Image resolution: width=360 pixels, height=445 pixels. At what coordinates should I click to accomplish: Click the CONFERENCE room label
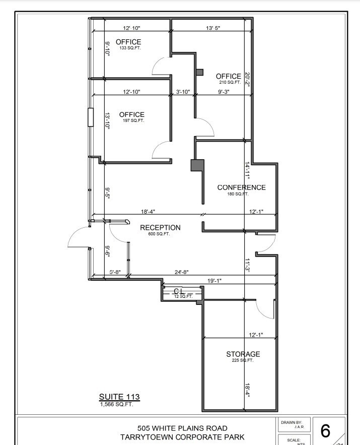[x=241, y=187]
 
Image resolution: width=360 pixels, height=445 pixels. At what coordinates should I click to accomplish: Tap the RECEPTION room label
[x=160, y=228]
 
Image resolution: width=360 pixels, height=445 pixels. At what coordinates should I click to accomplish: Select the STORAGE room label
[x=243, y=354]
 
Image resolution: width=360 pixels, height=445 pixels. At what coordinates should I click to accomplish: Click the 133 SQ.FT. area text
[x=130, y=48]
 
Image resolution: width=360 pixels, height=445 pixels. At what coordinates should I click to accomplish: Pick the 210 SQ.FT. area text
[x=230, y=82]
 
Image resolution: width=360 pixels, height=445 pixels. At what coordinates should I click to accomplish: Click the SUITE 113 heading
[x=119, y=397]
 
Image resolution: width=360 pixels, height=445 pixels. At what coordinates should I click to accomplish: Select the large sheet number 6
[x=325, y=431]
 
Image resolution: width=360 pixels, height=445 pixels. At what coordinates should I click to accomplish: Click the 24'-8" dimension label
[x=181, y=272]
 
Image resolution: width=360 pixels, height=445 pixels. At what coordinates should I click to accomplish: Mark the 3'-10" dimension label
[x=182, y=92]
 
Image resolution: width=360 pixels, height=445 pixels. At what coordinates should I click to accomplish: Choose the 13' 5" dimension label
[x=213, y=28]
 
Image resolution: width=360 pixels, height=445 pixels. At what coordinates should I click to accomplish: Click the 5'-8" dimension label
[x=115, y=272]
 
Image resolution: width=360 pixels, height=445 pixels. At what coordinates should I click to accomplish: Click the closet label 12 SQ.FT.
[x=183, y=296]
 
